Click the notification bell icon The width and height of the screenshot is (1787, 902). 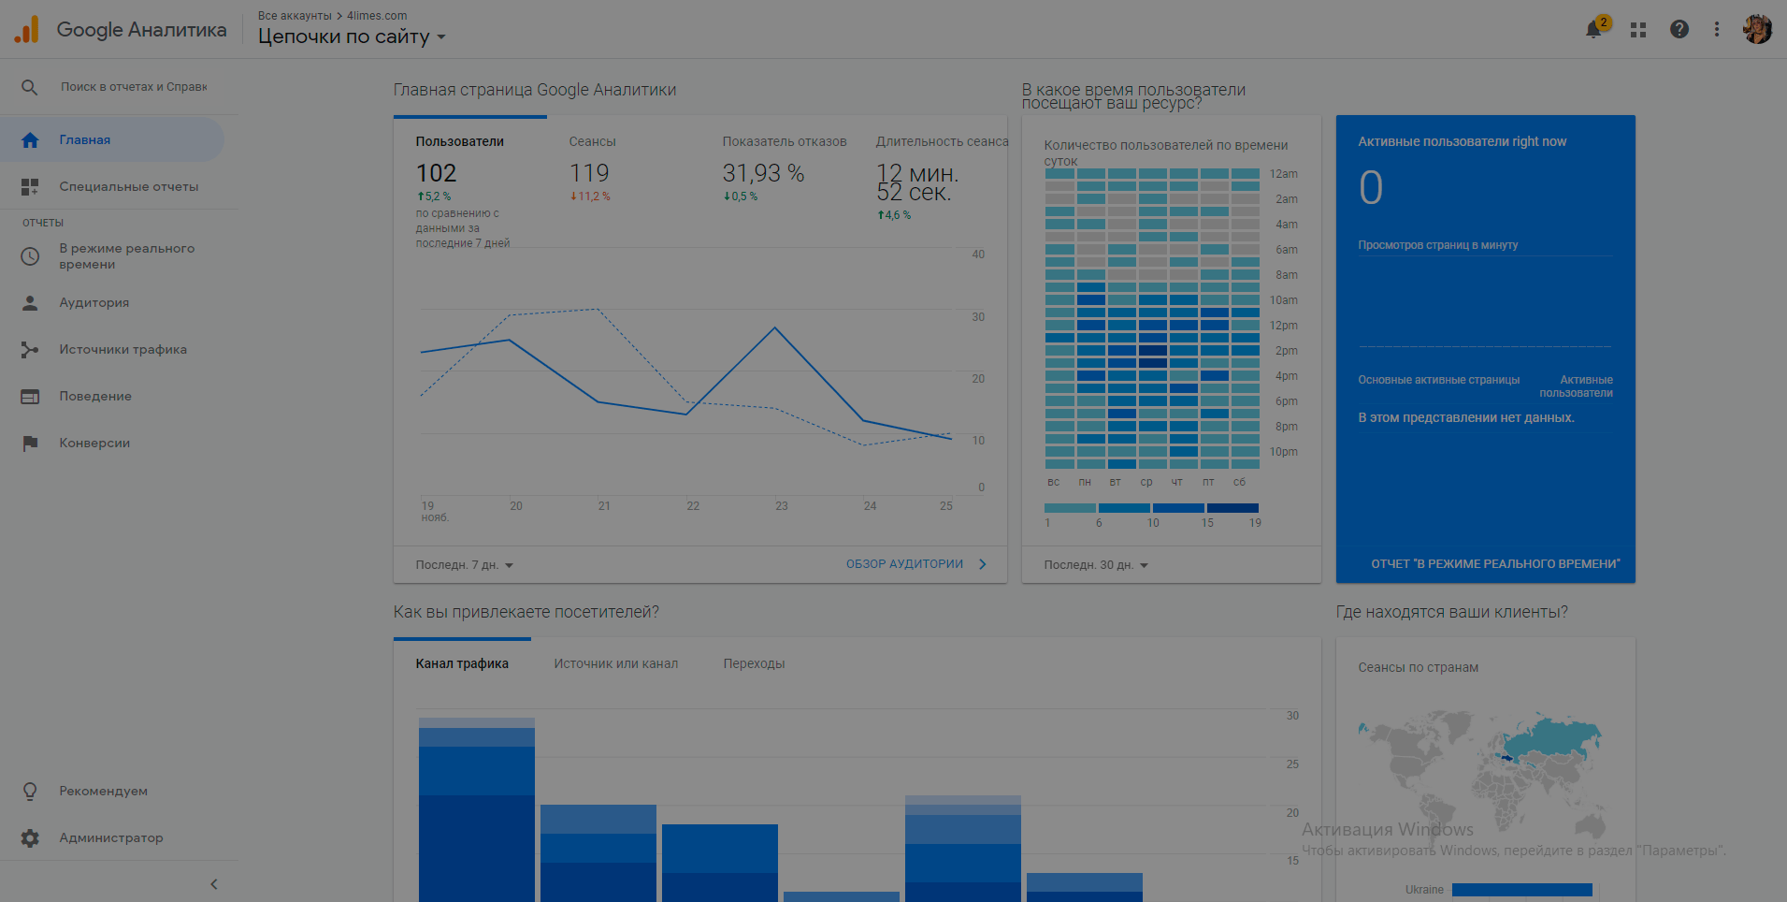coord(1593,30)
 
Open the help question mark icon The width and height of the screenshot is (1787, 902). coord(1679,30)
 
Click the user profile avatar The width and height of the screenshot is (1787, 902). coord(1757,29)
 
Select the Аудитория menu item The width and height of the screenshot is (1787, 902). coord(94,303)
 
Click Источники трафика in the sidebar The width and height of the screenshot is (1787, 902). coord(122,350)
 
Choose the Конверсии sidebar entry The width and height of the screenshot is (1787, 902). coord(94,444)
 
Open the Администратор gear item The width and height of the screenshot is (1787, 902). coord(110,838)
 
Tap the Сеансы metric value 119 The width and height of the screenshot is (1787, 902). coord(589,173)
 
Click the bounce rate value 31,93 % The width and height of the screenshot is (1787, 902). coord(763,173)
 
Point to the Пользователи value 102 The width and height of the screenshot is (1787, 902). coord(436,173)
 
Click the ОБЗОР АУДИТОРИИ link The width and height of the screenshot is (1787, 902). coord(904,564)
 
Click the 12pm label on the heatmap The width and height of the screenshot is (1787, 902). coord(1283,326)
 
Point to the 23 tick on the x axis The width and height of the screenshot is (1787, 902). coord(782,506)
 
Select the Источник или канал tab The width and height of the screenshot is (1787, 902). coord(615,664)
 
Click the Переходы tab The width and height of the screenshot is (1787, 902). coord(754,664)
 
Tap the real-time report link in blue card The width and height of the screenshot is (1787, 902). coord(1495,564)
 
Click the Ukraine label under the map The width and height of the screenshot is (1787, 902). coord(1424,890)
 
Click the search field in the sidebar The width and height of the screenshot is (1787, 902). coord(134,87)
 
